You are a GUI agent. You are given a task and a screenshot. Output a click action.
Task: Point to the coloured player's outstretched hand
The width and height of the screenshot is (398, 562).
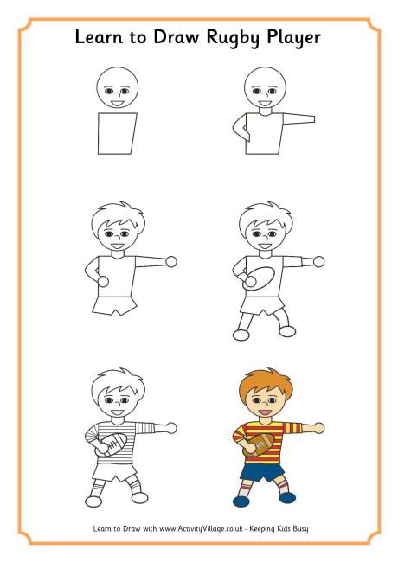click(x=321, y=427)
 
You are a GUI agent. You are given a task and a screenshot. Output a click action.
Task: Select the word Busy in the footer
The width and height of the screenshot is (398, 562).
click(x=298, y=527)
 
